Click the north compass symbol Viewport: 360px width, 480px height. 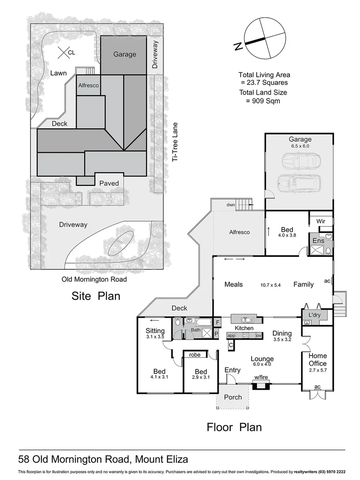tap(265, 38)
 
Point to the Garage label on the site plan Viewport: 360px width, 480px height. tap(124, 54)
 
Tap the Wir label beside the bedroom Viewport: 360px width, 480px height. tap(321, 221)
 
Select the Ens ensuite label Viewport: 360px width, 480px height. tap(318, 240)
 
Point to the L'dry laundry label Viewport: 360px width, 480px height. tap(315, 315)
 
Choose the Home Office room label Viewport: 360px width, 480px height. tap(317, 359)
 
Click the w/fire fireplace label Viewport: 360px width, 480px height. tap(260, 377)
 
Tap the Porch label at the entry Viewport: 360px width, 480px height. tap(233, 397)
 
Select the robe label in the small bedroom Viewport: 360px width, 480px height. tap(195, 355)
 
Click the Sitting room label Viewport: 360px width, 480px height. tap(155, 331)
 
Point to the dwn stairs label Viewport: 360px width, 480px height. tap(230, 205)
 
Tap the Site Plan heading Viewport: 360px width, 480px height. tap(96, 296)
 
